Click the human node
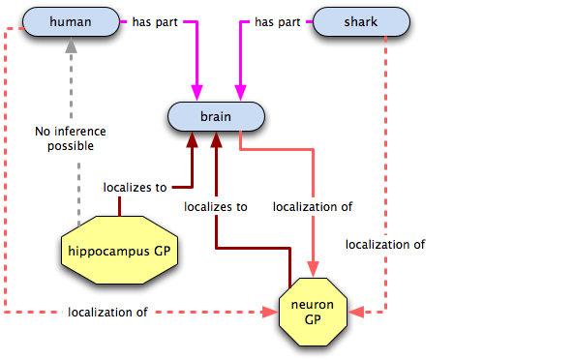point(71,22)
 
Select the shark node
point(361,22)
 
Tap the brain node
point(216,117)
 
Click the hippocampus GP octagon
point(119,251)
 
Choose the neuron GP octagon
point(313,312)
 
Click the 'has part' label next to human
point(155,22)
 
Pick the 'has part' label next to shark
point(278,22)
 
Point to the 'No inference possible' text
point(71,138)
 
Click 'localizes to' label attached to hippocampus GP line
point(136,188)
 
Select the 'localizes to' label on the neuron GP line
point(216,207)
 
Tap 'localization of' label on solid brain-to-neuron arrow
point(313,207)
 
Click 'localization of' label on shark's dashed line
point(385,245)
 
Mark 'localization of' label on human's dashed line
point(108,312)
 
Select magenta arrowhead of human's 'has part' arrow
point(196,93)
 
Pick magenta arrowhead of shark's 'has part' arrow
point(240,93)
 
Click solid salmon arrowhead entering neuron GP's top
point(313,269)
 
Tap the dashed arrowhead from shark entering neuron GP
point(356,312)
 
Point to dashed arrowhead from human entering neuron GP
point(270,312)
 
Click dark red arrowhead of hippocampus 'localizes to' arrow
point(193,139)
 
